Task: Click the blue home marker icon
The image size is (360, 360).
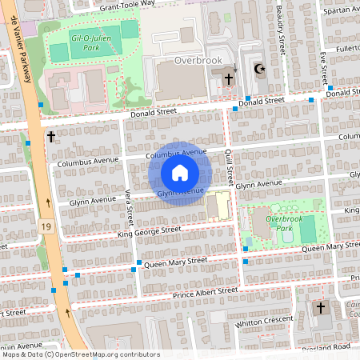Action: coord(180,172)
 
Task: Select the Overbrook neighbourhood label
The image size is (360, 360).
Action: coord(196,60)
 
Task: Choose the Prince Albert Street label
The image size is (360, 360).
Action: coord(206,292)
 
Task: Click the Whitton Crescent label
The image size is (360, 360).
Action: coord(264,322)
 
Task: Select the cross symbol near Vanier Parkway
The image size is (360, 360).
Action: coord(51,137)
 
